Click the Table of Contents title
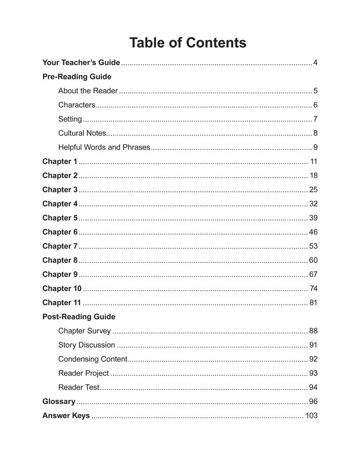click(x=188, y=43)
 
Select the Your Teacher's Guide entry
click(x=81, y=62)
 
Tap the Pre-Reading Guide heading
click(x=77, y=76)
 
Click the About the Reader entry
click(x=88, y=91)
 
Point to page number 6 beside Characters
click(x=315, y=105)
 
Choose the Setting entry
click(x=70, y=119)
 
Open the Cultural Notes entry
click(x=82, y=133)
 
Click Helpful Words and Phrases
click(x=104, y=148)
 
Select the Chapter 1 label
click(x=60, y=162)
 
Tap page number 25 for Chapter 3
click(x=313, y=190)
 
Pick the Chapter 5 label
click(x=60, y=218)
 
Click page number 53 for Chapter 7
click(x=313, y=246)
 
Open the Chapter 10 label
click(x=62, y=288)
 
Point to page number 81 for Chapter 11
click(x=313, y=302)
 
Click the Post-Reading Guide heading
click(x=79, y=317)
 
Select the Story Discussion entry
click(x=87, y=345)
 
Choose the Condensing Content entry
click(x=93, y=359)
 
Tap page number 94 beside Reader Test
click(x=313, y=388)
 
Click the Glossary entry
click(x=59, y=402)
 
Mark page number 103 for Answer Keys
click(x=311, y=416)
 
